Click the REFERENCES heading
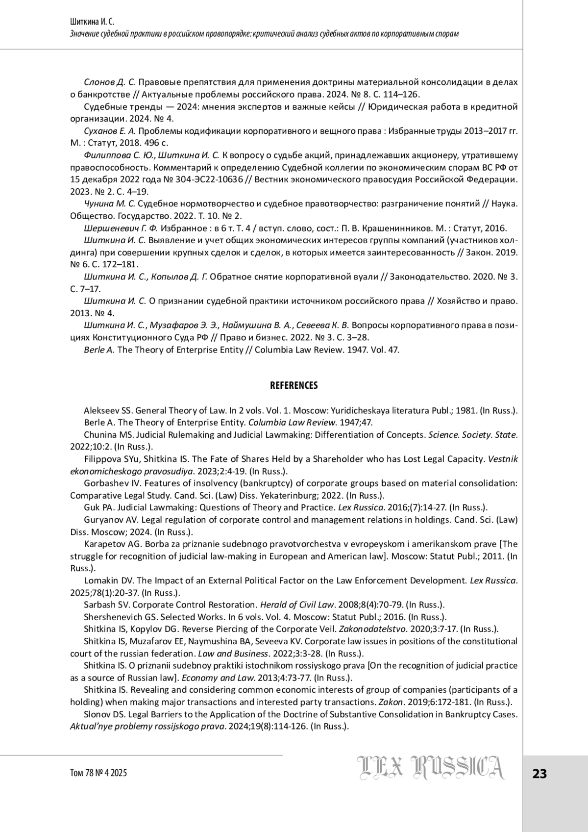point(294,385)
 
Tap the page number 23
point(539,774)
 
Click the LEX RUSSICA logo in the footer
point(430,768)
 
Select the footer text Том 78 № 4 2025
point(98,773)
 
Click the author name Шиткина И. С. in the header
point(94,22)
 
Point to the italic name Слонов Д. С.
point(109,82)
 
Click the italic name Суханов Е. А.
point(110,131)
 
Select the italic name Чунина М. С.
point(110,203)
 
